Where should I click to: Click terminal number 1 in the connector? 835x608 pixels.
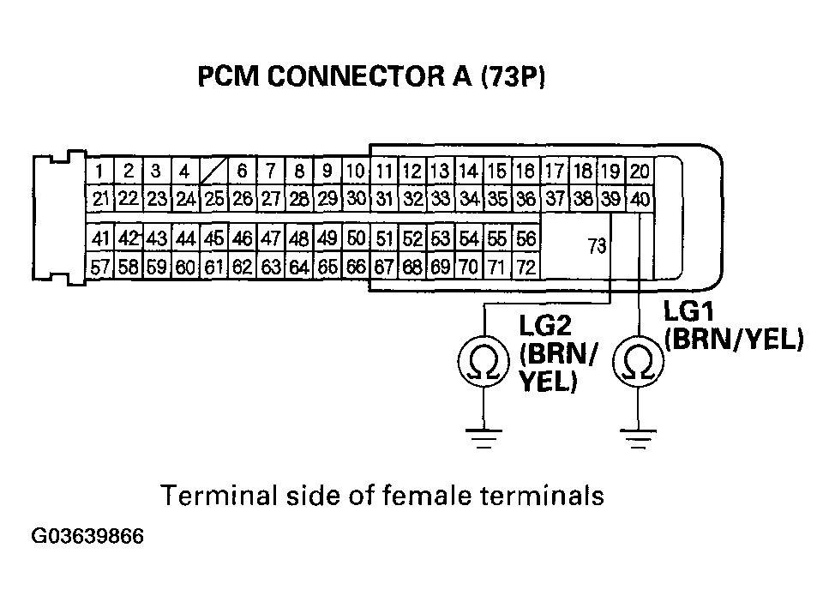100,170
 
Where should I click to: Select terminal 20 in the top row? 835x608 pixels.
640,172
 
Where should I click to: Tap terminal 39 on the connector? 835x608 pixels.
611,199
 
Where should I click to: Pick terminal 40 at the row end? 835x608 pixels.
640,200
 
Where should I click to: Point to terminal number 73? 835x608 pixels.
597,247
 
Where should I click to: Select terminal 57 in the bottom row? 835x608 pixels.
100,267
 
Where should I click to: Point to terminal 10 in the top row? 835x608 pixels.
356,171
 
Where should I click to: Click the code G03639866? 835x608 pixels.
87,538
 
